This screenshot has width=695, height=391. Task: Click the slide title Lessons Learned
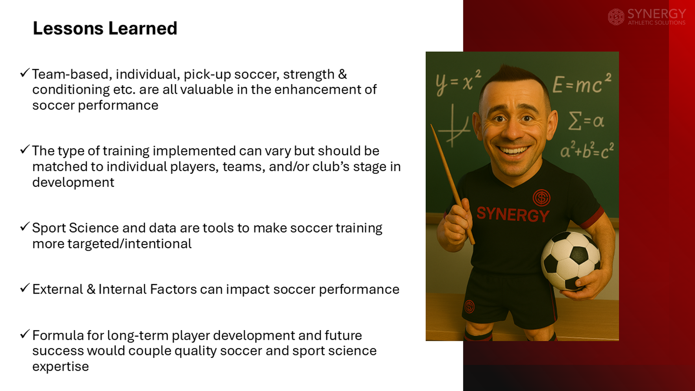105,29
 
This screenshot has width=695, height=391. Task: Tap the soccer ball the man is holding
570,260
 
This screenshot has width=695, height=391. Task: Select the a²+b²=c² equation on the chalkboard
587,150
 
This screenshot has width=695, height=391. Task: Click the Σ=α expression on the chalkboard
586,120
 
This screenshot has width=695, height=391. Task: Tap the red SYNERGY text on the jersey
513,214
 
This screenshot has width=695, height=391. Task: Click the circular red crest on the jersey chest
541,198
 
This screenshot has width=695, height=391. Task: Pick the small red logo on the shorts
470,306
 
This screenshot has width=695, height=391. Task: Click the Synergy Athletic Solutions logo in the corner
646,17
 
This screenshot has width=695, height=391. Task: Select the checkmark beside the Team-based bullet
25,73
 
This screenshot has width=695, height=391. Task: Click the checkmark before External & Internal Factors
25,288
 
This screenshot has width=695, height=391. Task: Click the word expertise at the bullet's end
60,367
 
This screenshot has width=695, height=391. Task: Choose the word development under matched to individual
73,182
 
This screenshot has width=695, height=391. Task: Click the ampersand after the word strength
342,74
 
